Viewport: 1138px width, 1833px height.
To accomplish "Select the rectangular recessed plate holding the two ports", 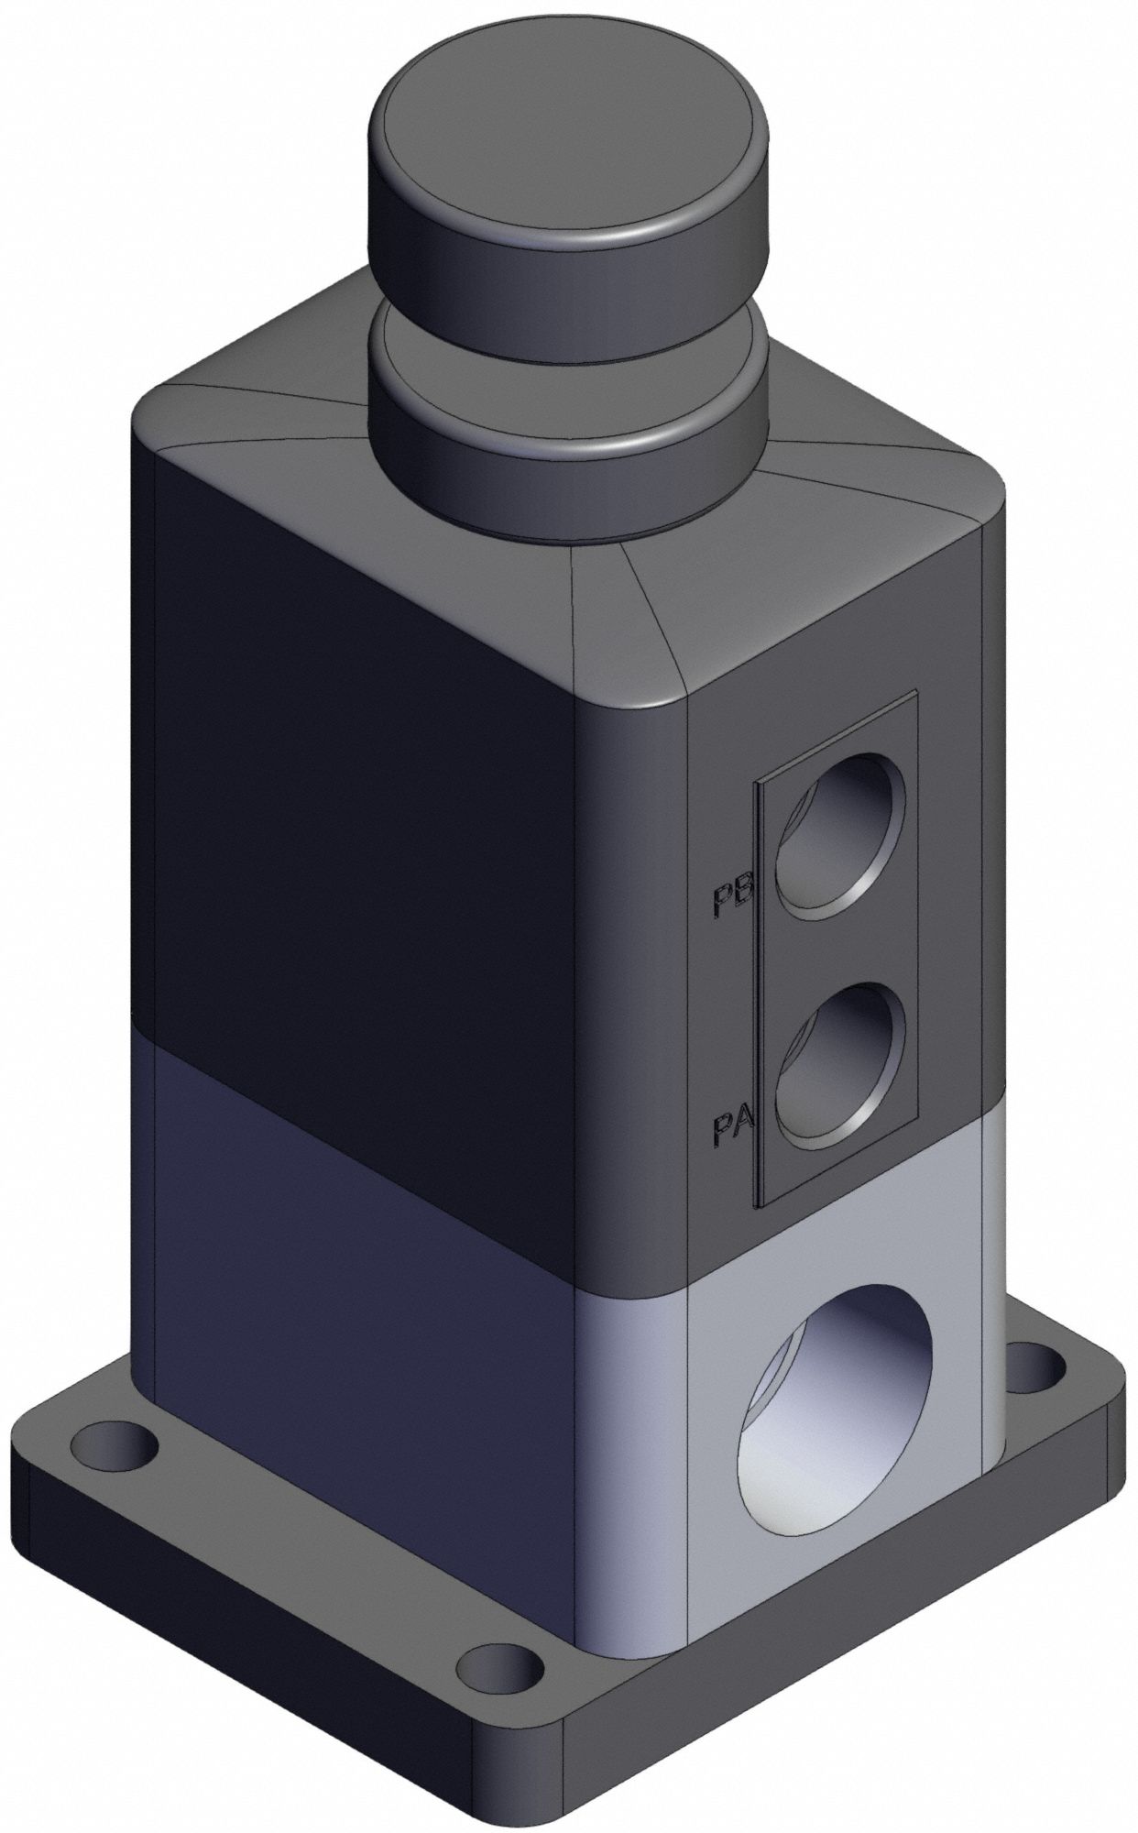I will coord(834,953).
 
